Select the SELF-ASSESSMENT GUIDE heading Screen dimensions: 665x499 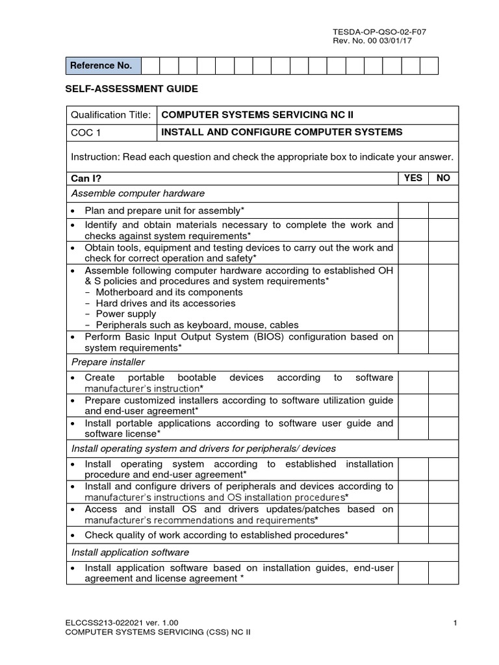tap(132, 88)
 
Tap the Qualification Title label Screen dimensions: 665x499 tap(111, 115)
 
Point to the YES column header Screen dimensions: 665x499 tap(413, 178)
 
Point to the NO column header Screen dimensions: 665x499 tap(443, 178)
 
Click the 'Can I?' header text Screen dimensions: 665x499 tap(86, 179)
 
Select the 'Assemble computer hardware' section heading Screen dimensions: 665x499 tap(138, 194)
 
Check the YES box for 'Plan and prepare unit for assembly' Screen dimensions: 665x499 tap(413, 210)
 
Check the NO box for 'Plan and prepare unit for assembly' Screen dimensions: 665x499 tap(443, 210)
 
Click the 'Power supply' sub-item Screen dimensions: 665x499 tap(125, 314)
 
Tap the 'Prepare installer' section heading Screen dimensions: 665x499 tap(108, 362)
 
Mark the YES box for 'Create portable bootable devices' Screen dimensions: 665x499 tap(413, 383)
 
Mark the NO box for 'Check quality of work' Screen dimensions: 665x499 tap(443, 535)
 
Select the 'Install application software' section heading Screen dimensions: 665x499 tap(130, 553)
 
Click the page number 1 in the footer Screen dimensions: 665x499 tap(455, 624)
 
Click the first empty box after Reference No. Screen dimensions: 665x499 tap(150, 66)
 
